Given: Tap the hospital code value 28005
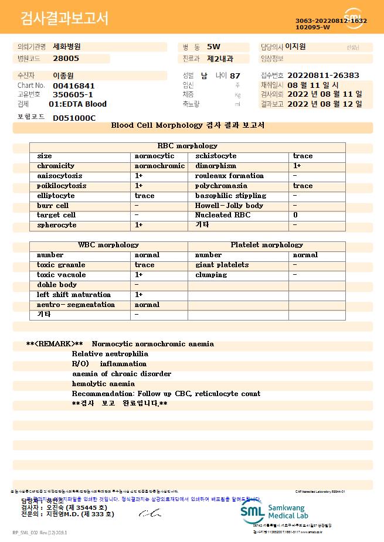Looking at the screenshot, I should tap(66, 59).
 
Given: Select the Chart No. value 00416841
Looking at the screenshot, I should tap(73, 86).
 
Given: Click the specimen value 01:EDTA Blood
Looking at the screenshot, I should tap(77, 104).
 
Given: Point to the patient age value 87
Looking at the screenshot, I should tap(235, 76).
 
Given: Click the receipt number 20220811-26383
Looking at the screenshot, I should tap(323, 76).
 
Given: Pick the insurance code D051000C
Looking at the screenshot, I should tap(74, 118).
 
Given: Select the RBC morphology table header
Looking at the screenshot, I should tap(187, 146).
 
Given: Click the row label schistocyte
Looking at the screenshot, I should tap(216, 156).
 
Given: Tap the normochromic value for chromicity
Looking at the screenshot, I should tap(159, 166).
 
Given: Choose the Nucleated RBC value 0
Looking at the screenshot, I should tap(295, 215).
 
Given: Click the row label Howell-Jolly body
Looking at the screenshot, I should tap(229, 206).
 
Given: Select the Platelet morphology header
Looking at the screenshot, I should tap(267, 245).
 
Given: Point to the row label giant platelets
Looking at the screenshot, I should tap(222, 265).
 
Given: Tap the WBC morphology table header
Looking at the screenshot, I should tap(108, 245).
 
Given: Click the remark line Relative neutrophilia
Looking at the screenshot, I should tap(110, 354).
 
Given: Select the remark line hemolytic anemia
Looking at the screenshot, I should tap(103, 384).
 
